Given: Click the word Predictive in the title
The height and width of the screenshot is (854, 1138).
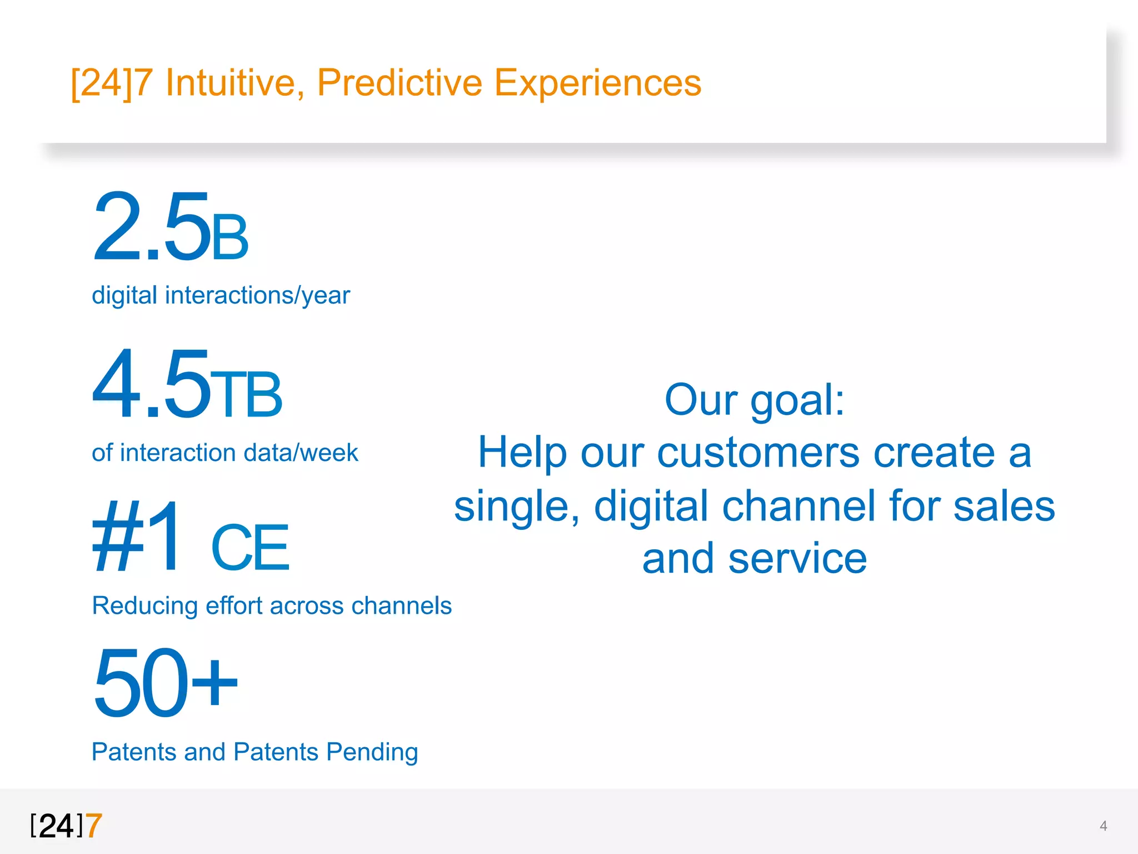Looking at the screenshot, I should tap(399, 83).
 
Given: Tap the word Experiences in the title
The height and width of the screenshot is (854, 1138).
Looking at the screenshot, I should tap(597, 83).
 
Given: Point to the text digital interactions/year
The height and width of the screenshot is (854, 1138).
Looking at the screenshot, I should tap(221, 295).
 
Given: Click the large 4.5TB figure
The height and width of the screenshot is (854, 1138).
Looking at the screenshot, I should tap(187, 385).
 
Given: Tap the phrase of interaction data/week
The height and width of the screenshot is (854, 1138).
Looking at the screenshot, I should tap(224, 453).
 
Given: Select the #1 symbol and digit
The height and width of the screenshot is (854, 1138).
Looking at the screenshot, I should tap(137, 537).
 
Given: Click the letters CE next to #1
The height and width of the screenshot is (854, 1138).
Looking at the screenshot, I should tap(250, 548).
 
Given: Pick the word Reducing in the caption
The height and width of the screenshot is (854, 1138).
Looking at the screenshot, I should tap(144, 606).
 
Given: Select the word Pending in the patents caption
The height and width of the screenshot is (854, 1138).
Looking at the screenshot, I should tap(372, 752).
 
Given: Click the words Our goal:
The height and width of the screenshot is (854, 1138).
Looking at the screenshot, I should tap(754, 400).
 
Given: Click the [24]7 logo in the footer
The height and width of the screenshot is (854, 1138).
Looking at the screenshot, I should tap(66, 825).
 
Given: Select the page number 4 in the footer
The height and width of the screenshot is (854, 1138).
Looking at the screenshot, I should tap(1103, 826).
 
